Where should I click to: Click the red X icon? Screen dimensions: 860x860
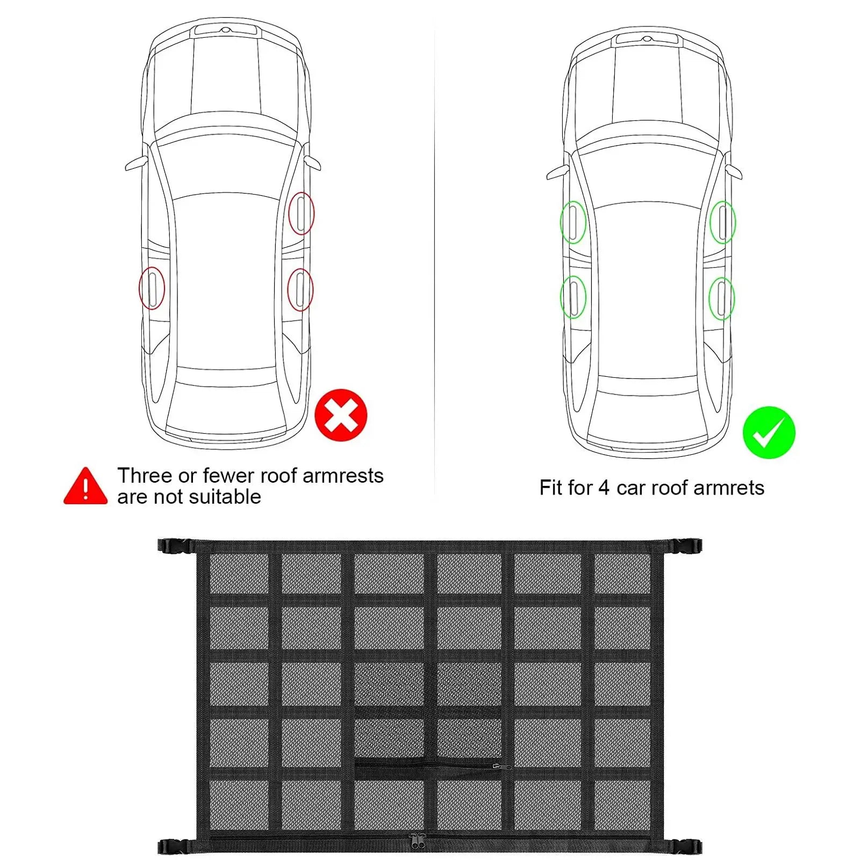(341, 415)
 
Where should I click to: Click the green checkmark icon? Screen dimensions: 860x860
(769, 432)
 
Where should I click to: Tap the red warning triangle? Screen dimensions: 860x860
(85, 486)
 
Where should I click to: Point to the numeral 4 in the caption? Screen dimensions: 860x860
(604, 488)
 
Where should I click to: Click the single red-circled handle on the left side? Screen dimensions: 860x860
(152, 288)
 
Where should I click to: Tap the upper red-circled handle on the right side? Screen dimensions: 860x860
(301, 213)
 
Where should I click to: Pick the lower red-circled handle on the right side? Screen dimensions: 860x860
(300, 290)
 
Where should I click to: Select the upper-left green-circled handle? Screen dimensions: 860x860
(573, 222)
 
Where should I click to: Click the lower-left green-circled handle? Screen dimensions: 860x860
(573, 297)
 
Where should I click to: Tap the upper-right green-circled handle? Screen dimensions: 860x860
(722, 222)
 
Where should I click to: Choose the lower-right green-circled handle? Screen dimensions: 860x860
(721, 298)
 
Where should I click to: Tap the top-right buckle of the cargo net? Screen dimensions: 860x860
(684, 546)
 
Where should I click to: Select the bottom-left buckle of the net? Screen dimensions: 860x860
(175, 847)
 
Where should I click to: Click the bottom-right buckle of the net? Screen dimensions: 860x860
(683, 847)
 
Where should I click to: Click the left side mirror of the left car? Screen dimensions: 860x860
(137, 163)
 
